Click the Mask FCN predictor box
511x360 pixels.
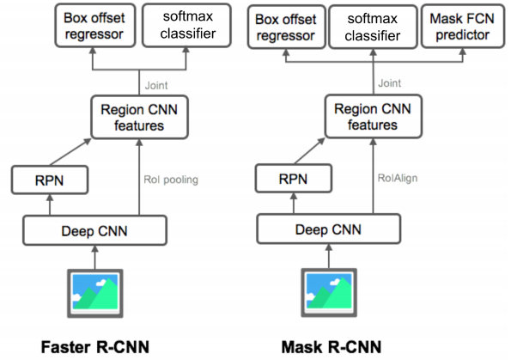tap(463, 27)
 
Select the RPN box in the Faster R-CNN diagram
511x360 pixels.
tap(50, 180)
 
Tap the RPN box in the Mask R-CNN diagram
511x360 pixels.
tap(294, 179)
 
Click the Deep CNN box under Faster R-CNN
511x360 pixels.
tap(94, 230)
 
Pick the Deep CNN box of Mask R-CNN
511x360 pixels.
tap(328, 229)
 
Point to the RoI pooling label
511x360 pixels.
tap(171, 180)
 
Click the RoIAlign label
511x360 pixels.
tap(398, 179)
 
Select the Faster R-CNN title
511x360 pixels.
tap(94, 347)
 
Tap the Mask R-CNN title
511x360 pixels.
tap(332, 347)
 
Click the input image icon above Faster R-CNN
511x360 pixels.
tap(94, 293)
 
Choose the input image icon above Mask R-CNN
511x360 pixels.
tap(329, 292)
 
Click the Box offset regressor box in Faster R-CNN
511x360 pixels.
tap(94, 26)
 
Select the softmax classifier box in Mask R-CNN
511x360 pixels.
tap(373, 27)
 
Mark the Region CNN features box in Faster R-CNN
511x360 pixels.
tap(139, 117)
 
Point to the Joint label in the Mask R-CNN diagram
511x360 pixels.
tap(389, 83)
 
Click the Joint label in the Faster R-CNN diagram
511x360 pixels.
tap(156, 85)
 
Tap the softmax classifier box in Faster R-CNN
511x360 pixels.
tap(186, 25)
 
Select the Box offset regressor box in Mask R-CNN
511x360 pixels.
tap(287, 27)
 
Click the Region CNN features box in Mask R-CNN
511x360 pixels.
tap(373, 116)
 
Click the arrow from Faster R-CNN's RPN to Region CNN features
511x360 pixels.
tap(70, 152)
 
